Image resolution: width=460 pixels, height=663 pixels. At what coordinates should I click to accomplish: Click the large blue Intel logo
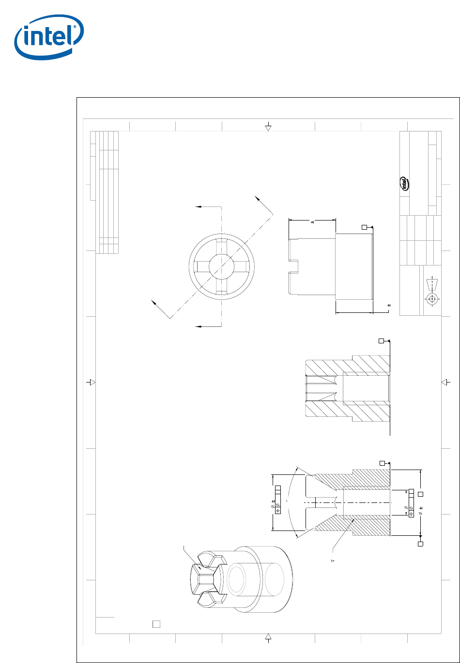49,37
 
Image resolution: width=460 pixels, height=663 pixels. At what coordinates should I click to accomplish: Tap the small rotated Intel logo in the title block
404,183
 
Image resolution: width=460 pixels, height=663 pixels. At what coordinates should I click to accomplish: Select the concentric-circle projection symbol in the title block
432,299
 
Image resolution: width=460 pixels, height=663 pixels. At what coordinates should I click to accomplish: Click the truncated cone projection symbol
432,284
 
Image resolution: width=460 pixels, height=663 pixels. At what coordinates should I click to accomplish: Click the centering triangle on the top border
268,128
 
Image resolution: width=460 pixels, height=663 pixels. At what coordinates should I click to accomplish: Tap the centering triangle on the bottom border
268,636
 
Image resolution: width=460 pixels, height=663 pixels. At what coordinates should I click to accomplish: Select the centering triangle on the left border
92,382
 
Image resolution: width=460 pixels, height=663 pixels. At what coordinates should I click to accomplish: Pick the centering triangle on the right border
444,382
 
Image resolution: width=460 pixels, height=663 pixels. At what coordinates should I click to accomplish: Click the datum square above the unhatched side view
364,227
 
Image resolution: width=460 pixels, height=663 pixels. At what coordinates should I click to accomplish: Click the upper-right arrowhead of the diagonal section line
257,198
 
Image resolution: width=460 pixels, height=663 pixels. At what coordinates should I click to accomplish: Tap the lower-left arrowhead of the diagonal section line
153,303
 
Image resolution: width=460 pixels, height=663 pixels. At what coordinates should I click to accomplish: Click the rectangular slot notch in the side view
293,266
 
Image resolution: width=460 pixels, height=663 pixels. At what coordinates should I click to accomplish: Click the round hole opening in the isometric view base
236,579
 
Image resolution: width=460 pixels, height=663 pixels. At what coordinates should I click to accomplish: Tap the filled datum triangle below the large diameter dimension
420,536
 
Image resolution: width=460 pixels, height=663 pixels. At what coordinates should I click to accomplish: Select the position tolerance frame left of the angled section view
278,500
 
